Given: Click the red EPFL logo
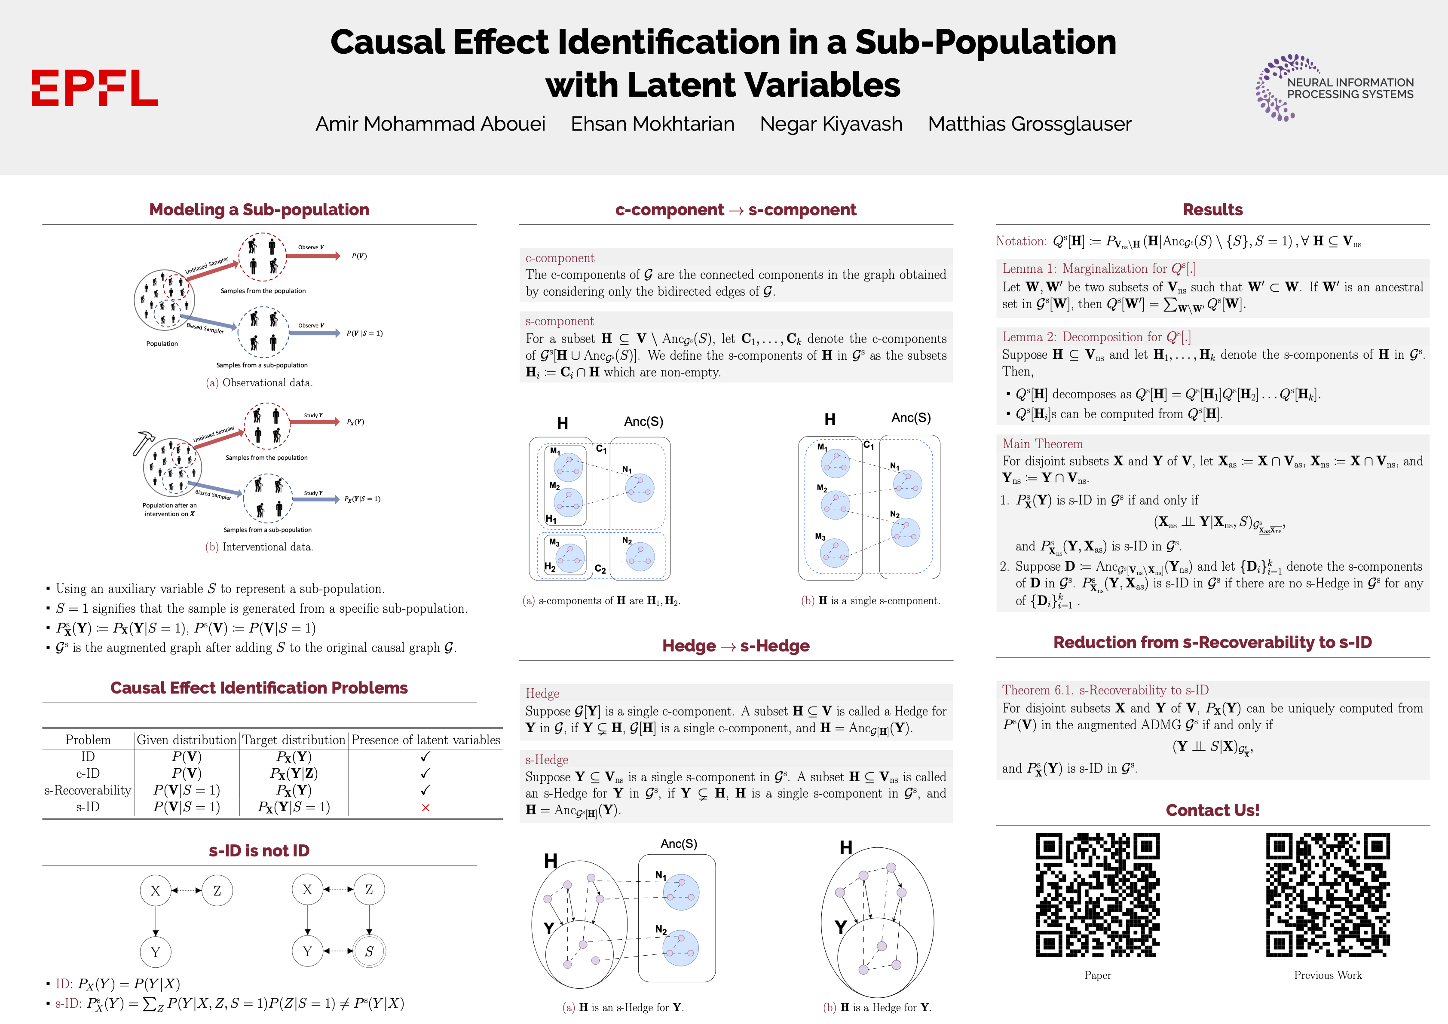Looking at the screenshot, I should (95, 88).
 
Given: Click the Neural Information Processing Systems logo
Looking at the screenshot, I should (1335, 88).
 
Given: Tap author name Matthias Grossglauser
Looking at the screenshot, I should (1029, 124).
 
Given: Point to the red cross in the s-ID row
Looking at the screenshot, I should (425, 808).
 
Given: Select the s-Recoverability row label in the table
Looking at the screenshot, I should (88, 790).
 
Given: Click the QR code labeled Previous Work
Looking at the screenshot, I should (1328, 896).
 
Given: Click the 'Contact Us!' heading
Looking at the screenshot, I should (1212, 810).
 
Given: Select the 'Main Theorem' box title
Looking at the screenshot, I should (1043, 444).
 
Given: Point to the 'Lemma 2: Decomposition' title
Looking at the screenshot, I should (1096, 337).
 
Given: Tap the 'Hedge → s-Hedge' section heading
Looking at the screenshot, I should (735, 646).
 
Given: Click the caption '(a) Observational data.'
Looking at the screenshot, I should (259, 383).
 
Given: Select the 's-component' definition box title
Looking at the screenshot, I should (560, 321).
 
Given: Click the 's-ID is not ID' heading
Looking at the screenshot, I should (259, 850).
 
